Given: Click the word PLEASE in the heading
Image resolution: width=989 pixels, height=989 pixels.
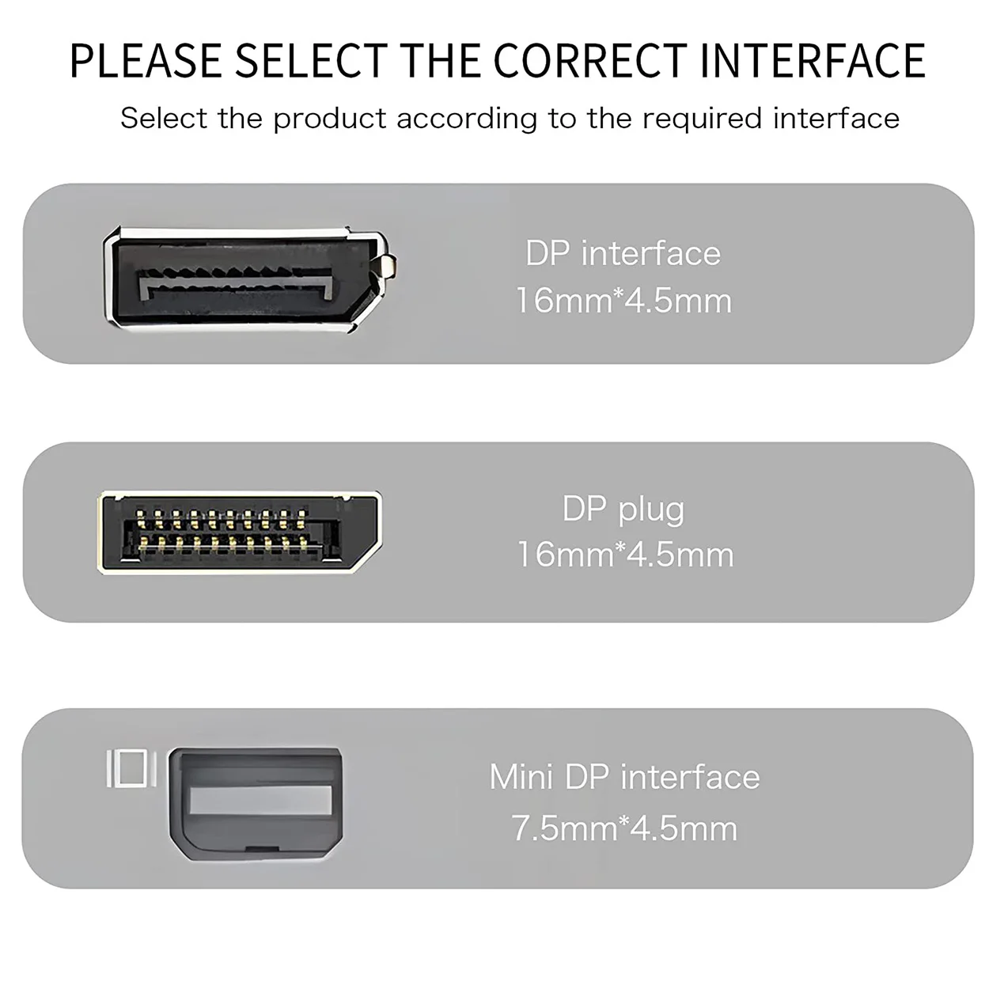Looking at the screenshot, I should (x=146, y=61).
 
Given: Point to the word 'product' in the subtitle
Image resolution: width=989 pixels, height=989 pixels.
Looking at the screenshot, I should (x=330, y=119).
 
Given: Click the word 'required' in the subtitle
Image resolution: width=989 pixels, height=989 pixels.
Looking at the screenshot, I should (x=702, y=119).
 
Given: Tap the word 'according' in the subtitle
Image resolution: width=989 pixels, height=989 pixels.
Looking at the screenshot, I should (x=467, y=119).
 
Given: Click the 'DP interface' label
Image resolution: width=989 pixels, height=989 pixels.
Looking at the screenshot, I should (x=623, y=253).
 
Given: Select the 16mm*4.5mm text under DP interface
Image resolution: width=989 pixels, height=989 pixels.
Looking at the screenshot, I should (x=623, y=301).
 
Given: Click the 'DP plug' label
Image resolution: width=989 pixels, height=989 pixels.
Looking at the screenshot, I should (x=623, y=509).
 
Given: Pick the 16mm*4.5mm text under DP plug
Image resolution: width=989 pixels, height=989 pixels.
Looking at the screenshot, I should (x=625, y=554).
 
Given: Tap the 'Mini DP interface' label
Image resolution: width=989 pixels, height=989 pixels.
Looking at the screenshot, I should (x=624, y=777).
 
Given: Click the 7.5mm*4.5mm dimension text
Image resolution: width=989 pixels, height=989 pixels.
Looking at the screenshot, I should (x=624, y=828).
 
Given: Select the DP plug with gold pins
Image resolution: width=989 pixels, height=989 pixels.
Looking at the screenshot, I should (x=237, y=531).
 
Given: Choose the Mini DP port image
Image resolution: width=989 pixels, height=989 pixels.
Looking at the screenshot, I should (x=256, y=803).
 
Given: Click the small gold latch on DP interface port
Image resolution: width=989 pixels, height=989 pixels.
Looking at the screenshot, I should (x=388, y=265).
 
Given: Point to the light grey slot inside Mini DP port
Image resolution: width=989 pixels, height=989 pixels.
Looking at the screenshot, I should (x=260, y=801).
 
